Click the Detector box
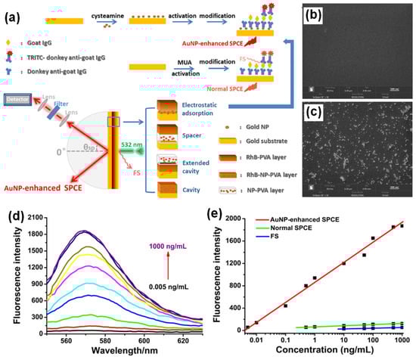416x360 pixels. click(16, 98)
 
